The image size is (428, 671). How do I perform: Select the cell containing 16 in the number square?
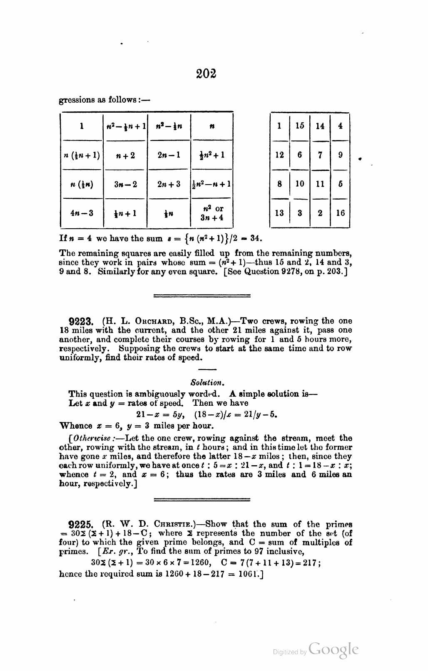click(x=340, y=213)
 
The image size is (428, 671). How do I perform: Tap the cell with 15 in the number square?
click(x=300, y=126)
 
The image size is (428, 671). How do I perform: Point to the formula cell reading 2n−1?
click(x=169, y=155)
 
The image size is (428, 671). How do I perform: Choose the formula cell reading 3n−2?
click(x=125, y=184)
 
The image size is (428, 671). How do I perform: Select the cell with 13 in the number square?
click(x=279, y=213)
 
